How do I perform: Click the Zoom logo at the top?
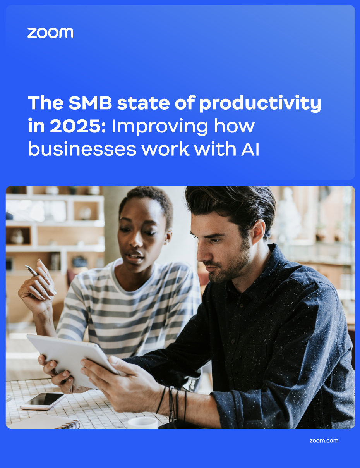[x=50, y=33]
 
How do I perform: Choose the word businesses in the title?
[x=82, y=150]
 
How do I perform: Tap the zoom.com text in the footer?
[x=324, y=440]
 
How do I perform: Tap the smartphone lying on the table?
[x=43, y=401]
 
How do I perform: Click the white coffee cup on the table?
[x=142, y=423]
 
